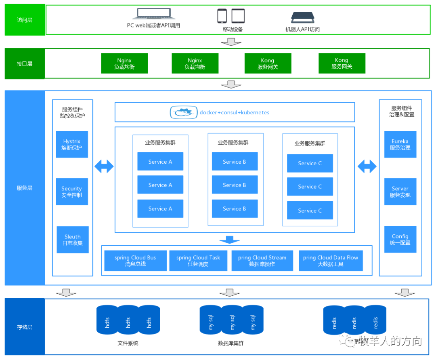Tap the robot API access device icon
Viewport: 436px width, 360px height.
[303, 17]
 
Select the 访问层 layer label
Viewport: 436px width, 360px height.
[25, 20]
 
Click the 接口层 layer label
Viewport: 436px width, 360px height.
[25, 64]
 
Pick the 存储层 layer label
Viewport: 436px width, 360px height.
[25, 327]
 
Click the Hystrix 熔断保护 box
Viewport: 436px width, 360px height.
[72, 144]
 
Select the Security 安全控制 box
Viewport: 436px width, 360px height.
[72, 192]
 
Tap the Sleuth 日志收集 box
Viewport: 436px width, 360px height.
[73, 240]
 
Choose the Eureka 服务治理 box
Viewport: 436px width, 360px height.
[400, 144]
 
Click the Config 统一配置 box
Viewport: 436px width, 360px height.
[400, 239]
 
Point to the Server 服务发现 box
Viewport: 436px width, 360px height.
[400, 192]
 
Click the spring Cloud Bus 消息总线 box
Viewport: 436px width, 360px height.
[135, 261]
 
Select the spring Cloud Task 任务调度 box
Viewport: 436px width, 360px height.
[198, 261]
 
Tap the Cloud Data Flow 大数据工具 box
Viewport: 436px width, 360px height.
[330, 261]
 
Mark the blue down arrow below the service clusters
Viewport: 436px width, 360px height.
[229, 240]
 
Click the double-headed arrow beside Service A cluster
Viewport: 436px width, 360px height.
[104, 166]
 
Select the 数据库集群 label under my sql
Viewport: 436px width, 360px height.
[231, 343]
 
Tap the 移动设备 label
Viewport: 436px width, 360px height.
[233, 29]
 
